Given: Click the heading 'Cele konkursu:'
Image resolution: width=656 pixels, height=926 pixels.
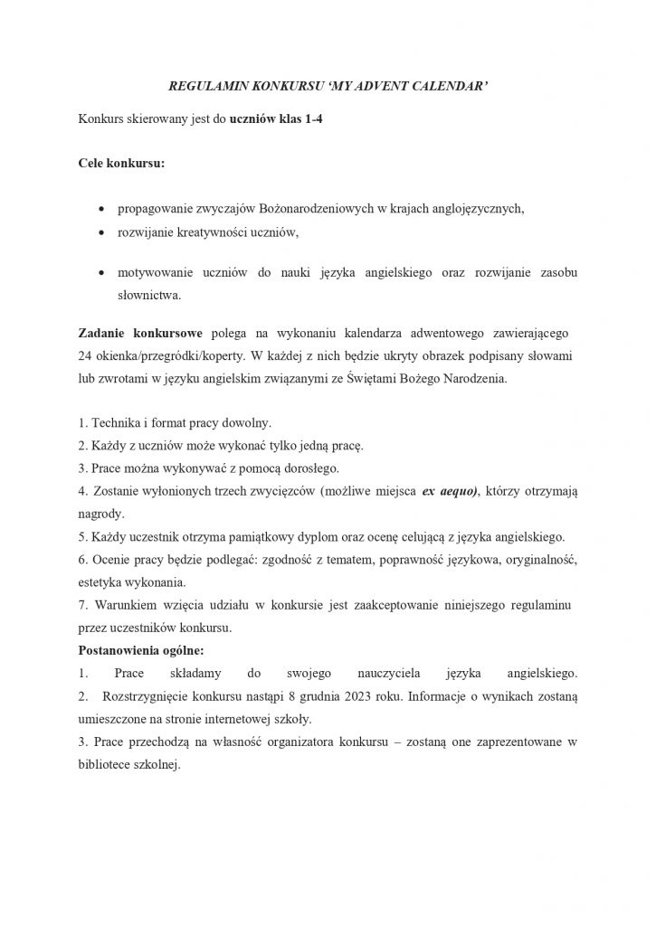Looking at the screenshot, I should pos(122,165).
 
